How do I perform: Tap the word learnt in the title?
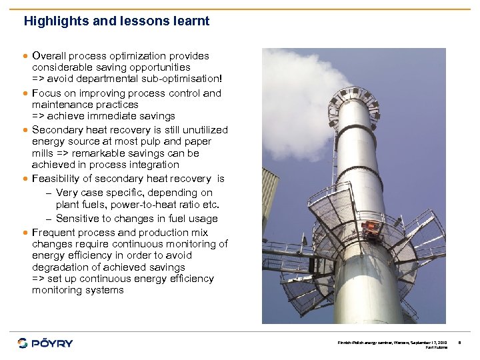pos(191,21)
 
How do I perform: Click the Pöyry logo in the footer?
pos(45,343)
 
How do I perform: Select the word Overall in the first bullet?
pos(48,56)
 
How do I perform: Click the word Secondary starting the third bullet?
pos(57,130)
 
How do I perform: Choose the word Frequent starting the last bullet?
pos(54,233)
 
